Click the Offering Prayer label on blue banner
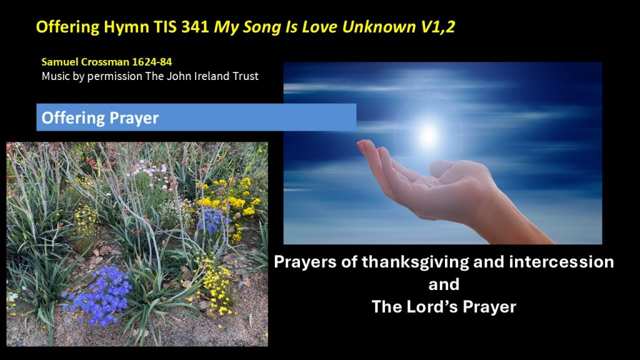100,118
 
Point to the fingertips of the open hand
366,144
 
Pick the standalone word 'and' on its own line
444,284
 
